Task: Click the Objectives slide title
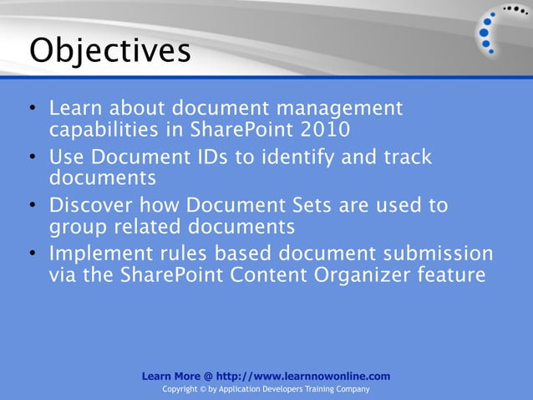(109, 51)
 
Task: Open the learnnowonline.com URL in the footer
(302, 377)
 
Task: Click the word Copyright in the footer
(181, 390)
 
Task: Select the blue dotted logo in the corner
(500, 30)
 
